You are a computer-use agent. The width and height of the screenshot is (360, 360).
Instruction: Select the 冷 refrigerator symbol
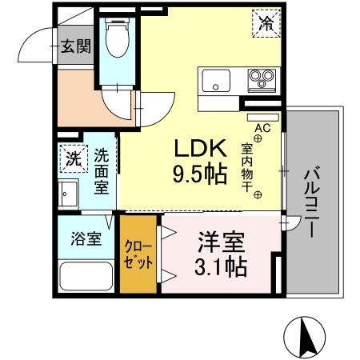coord(265,23)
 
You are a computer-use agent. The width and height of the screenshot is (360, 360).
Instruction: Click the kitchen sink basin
coord(217,80)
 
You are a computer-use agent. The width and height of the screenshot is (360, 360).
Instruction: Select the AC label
coord(260,127)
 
